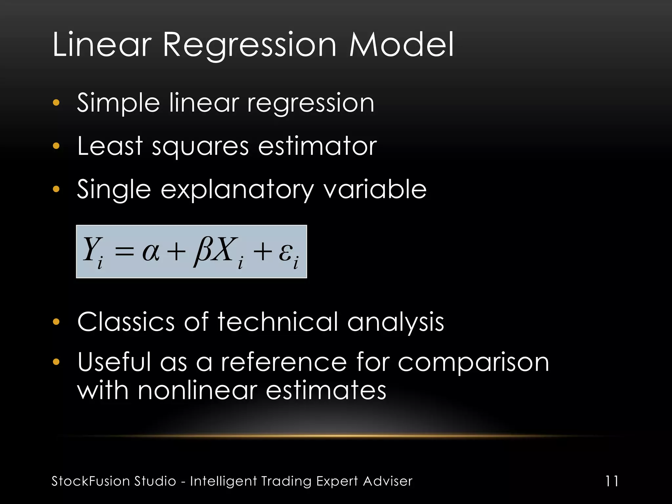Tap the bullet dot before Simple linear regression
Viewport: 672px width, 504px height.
[x=56, y=103]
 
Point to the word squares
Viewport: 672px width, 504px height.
[x=200, y=147]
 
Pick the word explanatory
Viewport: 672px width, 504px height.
[x=237, y=190]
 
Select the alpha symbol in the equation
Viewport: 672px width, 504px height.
[x=151, y=252]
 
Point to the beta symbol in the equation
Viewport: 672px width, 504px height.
[x=200, y=251]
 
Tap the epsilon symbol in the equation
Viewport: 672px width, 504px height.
[x=285, y=253]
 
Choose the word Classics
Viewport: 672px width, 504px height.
[x=126, y=322]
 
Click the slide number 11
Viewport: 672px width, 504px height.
[x=612, y=481]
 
